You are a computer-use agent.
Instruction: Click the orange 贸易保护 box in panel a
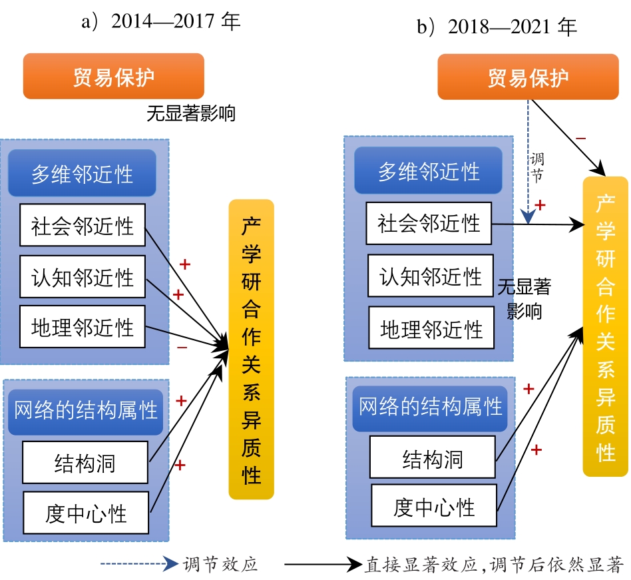click(113, 76)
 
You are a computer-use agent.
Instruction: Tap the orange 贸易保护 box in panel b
click(528, 77)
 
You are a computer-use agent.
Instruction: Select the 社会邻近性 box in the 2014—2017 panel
click(83, 225)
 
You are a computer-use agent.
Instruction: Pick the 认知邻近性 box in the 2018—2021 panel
click(431, 276)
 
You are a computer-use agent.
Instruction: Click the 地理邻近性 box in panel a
click(83, 326)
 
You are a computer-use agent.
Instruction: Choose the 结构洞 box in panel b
click(433, 457)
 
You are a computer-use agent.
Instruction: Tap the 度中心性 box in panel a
click(86, 513)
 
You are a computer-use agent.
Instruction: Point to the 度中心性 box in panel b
click(434, 505)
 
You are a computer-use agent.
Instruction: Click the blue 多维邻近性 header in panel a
click(82, 173)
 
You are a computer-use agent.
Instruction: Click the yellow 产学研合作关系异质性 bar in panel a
click(251, 350)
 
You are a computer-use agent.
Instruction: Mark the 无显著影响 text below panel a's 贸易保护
click(191, 113)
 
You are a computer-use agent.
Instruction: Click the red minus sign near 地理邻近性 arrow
click(182, 348)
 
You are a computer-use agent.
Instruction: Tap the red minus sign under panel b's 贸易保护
click(580, 139)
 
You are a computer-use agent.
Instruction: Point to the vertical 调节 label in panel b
click(537, 167)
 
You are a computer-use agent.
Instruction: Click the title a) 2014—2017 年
click(160, 21)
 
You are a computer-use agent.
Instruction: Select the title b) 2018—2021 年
click(497, 27)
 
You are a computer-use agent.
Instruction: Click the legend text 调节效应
click(220, 564)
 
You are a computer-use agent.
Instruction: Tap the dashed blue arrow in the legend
click(139, 563)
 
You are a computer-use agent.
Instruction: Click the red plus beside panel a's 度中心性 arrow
click(180, 465)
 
